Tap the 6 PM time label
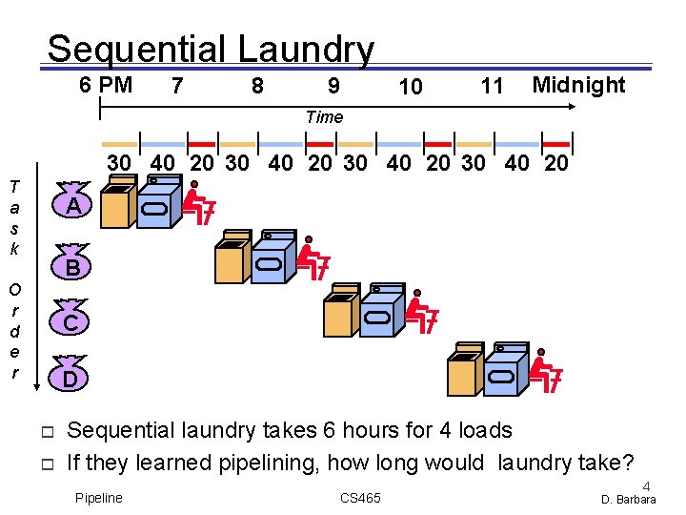tap(106, 85)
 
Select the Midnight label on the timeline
tap(578, 85)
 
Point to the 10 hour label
tap(411, 87)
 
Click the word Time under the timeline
tap(324, 117)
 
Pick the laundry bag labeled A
tap(71, 205)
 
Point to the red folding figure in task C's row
tap(419, 314)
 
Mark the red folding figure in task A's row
tap(199, 201)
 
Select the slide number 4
tap(647, 485)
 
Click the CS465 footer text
tap(360, 499)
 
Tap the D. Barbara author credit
tap(629, 500)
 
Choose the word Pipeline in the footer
tap(99, 499)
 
